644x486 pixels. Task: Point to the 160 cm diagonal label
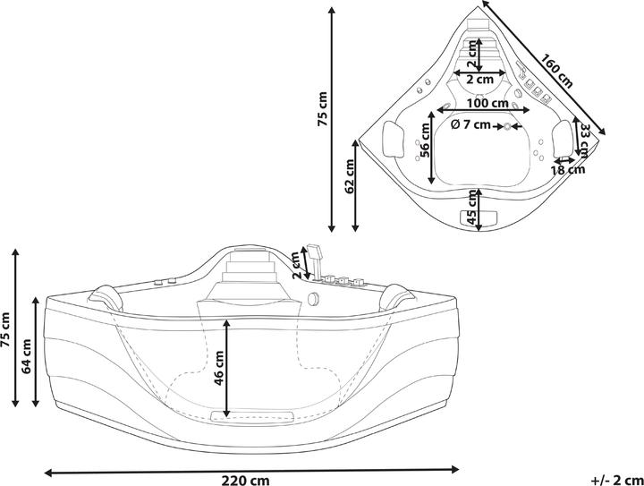tap(556, 68)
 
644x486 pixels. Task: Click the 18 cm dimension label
tap(567, 168)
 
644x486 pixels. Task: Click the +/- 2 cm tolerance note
tap(617, 479)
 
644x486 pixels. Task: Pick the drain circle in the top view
tap(508, 127)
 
